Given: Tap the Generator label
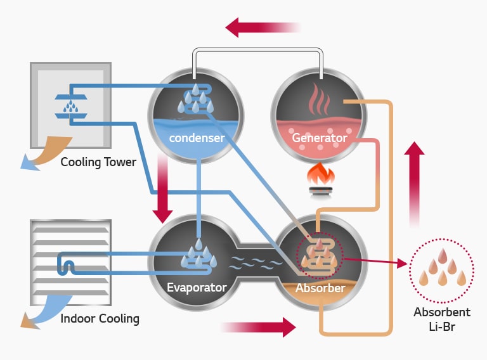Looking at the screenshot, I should click(x=319, y=138).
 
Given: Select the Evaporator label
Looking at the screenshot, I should click(x=197, y=288).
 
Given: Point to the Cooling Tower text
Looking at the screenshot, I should click(x=98, y=162).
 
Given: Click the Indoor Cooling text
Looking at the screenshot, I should click(x=100, y=318).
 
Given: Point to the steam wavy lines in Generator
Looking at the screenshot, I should click(x=319, y=100).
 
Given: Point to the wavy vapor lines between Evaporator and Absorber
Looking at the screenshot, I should click(x=256, y=262).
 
